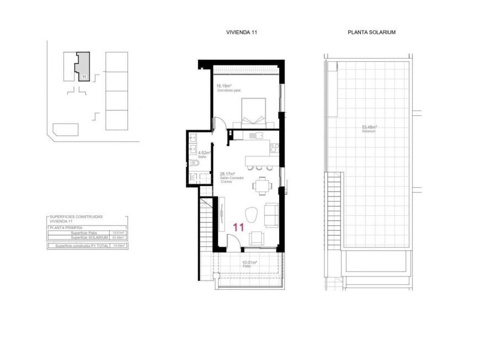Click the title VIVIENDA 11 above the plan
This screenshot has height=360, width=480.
242,33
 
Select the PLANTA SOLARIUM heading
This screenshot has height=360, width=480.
371,33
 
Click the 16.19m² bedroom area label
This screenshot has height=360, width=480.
223,86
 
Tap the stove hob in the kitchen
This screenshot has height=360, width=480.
274,147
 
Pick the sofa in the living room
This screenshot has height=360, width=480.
271,214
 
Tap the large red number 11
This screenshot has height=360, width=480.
239,227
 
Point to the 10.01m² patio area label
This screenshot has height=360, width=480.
248,263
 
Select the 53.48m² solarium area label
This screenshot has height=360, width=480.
369,126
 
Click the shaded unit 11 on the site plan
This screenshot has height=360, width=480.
83,67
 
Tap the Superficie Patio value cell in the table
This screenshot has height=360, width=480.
118,233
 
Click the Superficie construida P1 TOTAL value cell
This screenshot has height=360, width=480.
118,246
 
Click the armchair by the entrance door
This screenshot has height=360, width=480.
256,238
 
